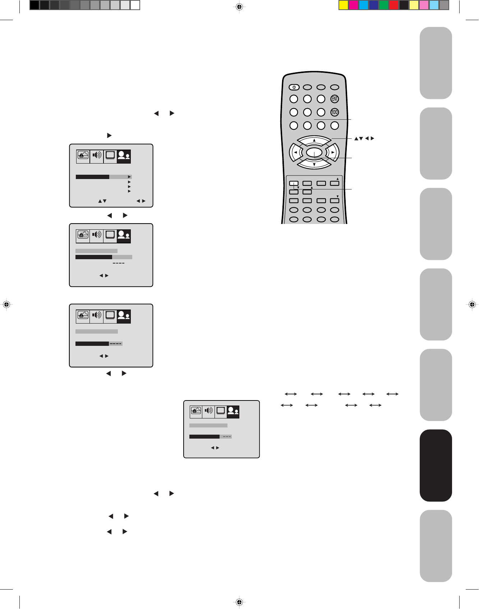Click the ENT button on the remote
(335, 99)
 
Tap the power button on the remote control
(294, 87)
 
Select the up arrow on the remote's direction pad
(314, 140)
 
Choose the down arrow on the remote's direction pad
(314, 165)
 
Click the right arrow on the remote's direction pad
(333, 152)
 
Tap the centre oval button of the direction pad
(314, 152)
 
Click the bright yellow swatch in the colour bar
(344, 5)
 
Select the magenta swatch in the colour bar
(354, 5)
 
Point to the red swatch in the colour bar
(394, 5)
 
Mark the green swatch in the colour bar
(384, 5)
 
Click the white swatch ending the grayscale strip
(135, 5)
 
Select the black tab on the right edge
(436, 465)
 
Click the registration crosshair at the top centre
(240, 6)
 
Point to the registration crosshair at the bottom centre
(240, 602)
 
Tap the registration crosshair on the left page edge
(6, 304)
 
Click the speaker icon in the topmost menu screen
(97, 155)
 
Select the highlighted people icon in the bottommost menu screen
(233, 411)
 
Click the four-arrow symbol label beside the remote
(364, 138)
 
